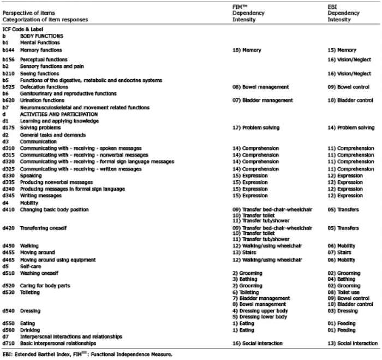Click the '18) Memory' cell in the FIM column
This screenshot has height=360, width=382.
pyautogui.click(x=247, y=50)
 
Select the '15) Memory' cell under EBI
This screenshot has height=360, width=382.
pyautogui.click(x=342, y=50)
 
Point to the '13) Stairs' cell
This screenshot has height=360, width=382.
pyautogui.click(x=245, y=253)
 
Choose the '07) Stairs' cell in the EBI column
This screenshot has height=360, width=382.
pyautogui.click(x=340, y=253)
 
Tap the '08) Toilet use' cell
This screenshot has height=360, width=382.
pyautogui.click(x=344, y=292)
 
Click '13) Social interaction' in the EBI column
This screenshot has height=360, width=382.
pyautogui.click(x=353, y=343)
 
